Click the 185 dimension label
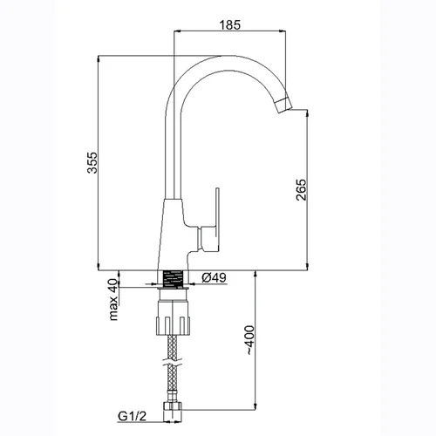pos(230,25)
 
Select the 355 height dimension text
pos(92,162)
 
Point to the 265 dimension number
pos(301,190)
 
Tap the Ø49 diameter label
pos(214,277)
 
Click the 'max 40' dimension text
pos(113,300)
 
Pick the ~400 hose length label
pos(250,340)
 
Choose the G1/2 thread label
pos(132,416)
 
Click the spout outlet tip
pos(285,106)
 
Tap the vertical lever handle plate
pos(217,220)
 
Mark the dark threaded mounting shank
pos(173,279)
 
